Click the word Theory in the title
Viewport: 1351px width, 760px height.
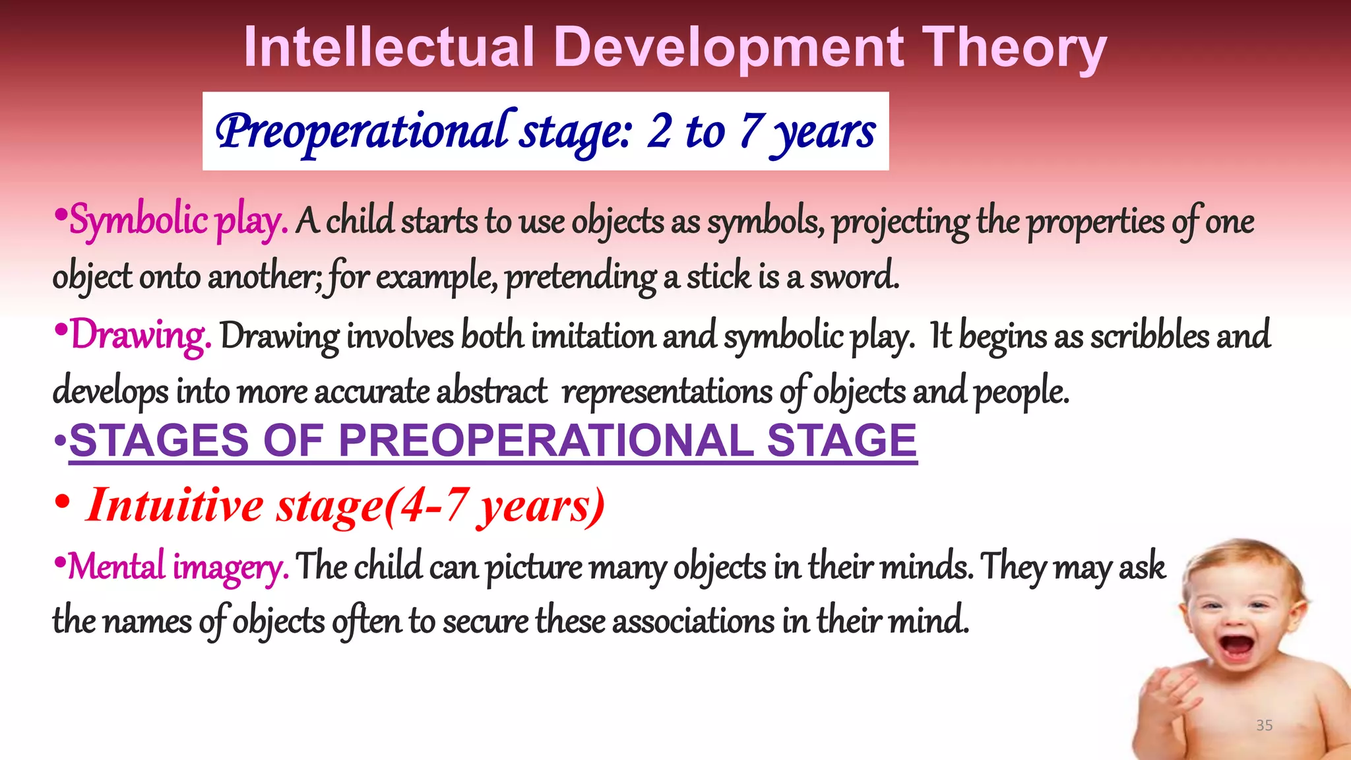coord(1014,49)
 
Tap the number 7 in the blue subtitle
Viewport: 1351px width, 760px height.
coord(751,130)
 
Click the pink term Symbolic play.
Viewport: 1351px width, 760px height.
coord(179,220)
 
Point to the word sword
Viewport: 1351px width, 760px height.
coord(854,276)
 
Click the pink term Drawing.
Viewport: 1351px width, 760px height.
coord(141,336)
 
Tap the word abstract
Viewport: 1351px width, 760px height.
coord(491,391)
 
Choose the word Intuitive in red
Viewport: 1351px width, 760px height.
coord(175,505)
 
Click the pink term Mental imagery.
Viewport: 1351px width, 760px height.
coord(178,567)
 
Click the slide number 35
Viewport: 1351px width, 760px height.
coord(1264,725)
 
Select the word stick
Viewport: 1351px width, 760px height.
coord(718,276)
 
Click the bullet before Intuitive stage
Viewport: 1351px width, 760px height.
coord(62,503)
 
